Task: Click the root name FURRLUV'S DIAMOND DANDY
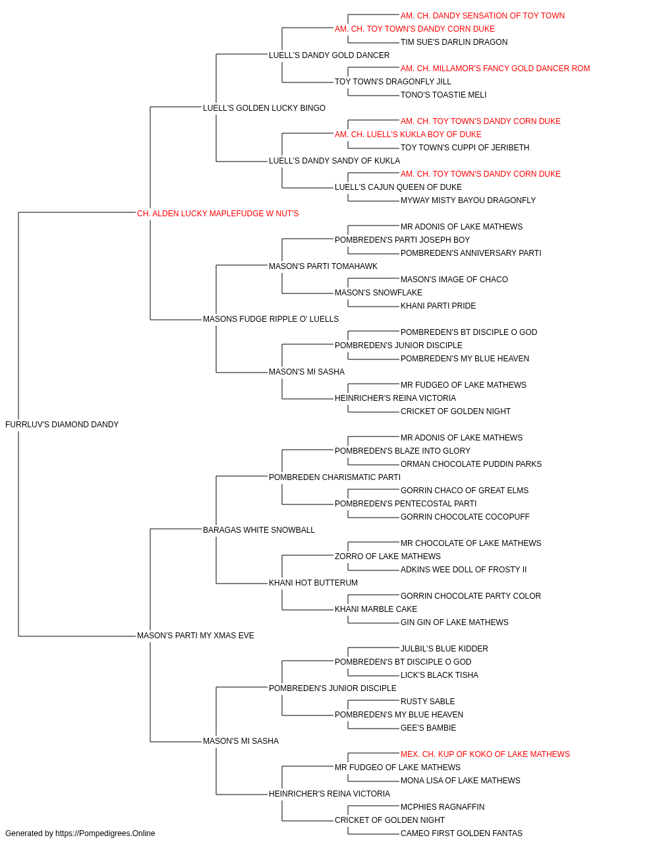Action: (62, 425)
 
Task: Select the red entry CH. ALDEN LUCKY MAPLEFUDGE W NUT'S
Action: (217, 214)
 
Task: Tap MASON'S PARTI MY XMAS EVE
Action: (195, 636)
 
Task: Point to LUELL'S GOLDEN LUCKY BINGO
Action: (264, 108)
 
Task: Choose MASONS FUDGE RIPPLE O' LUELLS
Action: (270, 319)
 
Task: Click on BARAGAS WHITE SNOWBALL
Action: (258, 530)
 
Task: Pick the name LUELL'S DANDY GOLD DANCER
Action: (329, 55)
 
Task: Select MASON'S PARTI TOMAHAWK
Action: (323, 266)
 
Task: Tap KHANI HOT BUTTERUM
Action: (313, 583)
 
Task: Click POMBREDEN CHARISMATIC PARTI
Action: (335, 477)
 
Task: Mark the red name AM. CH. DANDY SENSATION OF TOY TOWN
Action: (482, 16)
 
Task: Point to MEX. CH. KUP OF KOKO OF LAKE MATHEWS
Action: (485, 754)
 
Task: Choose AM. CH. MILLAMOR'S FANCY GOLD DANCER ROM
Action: (495, 69)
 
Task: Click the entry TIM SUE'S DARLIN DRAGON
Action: (454, 42)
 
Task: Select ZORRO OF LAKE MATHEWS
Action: (387, 557)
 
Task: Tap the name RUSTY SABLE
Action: (428, 702)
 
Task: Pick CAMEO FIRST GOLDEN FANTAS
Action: (461, 833)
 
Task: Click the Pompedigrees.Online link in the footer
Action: (105, 833)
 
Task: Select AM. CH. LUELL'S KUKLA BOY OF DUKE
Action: (408, 135)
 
